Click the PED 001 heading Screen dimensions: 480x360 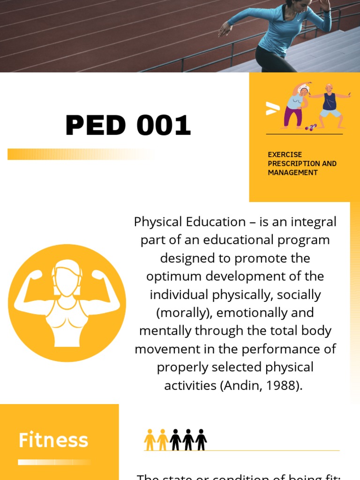[128, 125]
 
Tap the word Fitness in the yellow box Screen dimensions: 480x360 [53, 440]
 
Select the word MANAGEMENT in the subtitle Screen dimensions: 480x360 [292, 172]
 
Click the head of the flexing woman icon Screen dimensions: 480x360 [67, 277]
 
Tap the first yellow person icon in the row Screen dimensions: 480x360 [150, 440]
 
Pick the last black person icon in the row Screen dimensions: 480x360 [201, 440]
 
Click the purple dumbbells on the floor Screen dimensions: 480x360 [310, 127]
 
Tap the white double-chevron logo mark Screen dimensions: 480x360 [272, 109]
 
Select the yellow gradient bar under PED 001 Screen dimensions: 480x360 [80, 154]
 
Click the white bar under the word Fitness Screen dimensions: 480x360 [54, 462]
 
